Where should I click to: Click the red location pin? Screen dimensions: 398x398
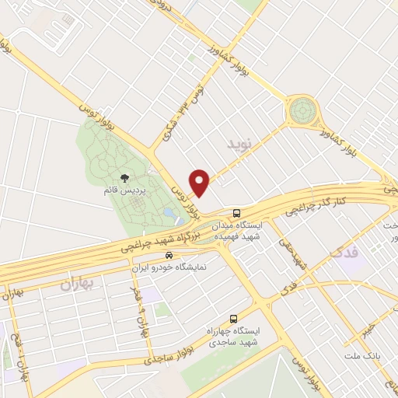pos(201,182)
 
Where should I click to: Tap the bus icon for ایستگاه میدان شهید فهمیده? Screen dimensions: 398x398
pos(236,212)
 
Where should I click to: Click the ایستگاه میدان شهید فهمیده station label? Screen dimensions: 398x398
pos(236,229)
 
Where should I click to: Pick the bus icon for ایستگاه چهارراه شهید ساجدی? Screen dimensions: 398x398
pos(233,319)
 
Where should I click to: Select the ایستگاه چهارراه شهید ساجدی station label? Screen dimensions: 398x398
pos(236,337)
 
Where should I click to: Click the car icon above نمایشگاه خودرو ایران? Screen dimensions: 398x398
pos(169,254)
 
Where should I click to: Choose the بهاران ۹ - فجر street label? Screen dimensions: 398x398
pos(141,307)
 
